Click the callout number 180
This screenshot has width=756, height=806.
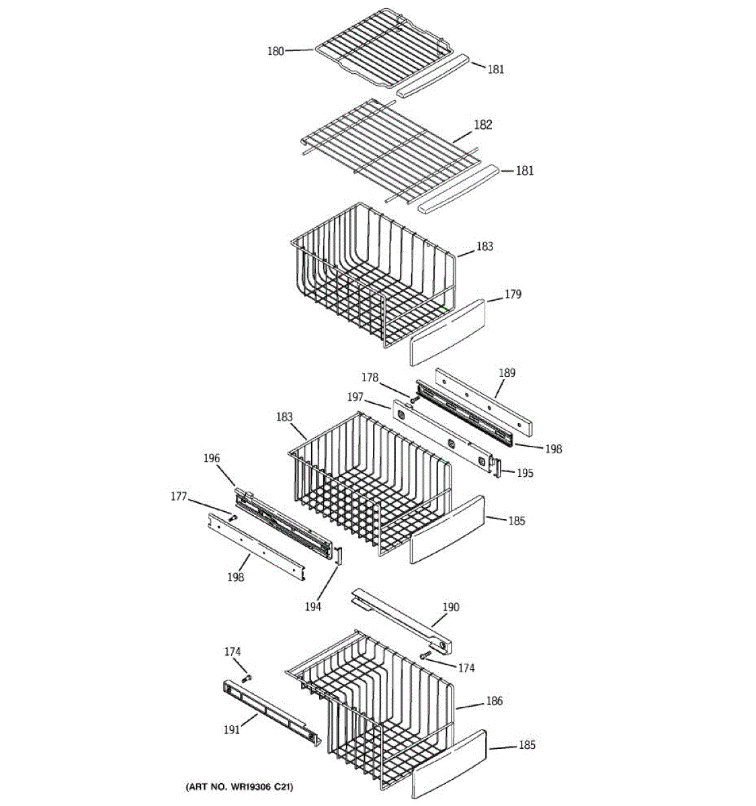pos(276,50)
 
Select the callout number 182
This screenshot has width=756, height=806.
pos(482,125)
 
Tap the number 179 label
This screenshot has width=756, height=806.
pos(513,294)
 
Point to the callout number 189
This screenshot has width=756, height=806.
pos(507,373)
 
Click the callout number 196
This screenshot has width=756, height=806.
pos(211,458)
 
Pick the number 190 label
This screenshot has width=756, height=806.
pos(450,607)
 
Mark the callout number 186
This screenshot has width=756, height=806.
pos(494,701)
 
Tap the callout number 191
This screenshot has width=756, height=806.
pos(232,730)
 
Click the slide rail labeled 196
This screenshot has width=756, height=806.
pos(282,521)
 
